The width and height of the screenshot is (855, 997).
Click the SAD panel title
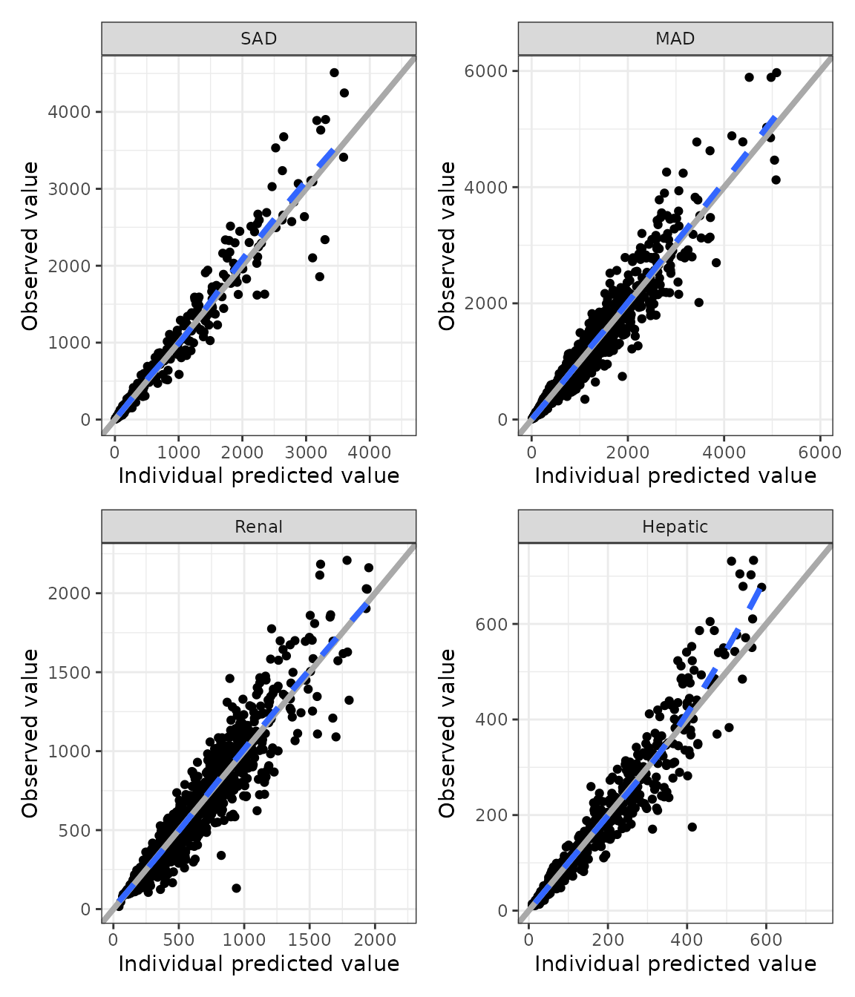[x=258, y=39]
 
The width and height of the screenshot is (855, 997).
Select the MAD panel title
[x=675, y=39]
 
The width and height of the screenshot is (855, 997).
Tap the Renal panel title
[x=258, y=527]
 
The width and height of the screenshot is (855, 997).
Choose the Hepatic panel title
[x=675, y=527]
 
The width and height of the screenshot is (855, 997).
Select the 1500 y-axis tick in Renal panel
[x=70, y=672]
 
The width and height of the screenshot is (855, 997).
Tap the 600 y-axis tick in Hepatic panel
[x=493, y=624]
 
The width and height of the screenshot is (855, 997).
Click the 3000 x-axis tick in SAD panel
[x=306, y=453]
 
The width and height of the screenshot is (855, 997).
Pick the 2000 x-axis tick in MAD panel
[x=627, y=453]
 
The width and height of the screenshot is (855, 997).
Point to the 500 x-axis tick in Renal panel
[x=178, y=940]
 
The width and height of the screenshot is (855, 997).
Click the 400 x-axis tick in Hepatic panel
[x=687, y=940]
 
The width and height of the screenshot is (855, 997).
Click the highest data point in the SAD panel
[x=334, y=73]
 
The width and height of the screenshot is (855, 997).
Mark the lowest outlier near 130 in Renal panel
[x=236, y=888]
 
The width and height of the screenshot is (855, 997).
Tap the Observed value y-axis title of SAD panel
[x=30, y=246]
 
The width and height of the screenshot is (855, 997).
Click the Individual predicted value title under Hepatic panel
[x=675, y=964]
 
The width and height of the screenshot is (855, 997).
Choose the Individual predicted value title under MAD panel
[x=675, y=476]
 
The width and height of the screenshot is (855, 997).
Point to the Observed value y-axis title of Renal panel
[x=30, y=733]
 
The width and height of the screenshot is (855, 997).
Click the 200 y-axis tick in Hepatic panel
[x=493, y=815]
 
